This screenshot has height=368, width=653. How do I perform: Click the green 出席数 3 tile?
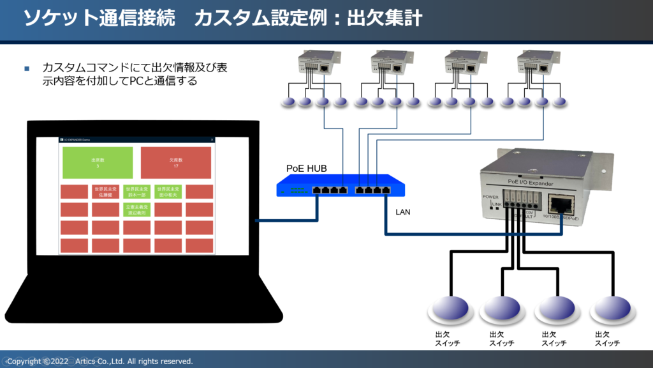98,162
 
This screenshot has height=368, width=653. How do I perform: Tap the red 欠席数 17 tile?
175,162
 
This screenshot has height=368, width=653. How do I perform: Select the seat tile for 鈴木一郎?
136,192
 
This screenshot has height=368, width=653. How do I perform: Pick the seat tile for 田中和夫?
168,192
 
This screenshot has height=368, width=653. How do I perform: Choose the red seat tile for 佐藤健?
105,192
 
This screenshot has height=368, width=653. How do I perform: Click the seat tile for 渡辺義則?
136,210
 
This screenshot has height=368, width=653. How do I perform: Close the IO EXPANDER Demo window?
212,139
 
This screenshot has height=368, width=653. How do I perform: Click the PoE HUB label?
306,169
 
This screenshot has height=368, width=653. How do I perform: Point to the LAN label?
404,211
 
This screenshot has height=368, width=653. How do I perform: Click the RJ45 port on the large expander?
562,205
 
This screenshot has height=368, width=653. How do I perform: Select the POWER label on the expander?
490,197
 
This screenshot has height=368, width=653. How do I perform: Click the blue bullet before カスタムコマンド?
27,68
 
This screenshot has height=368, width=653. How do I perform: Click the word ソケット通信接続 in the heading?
99,19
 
